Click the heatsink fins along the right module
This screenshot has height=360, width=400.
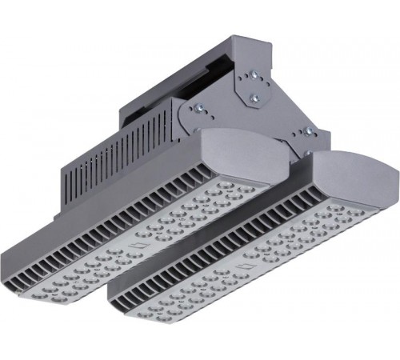[x=240, y=232]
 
